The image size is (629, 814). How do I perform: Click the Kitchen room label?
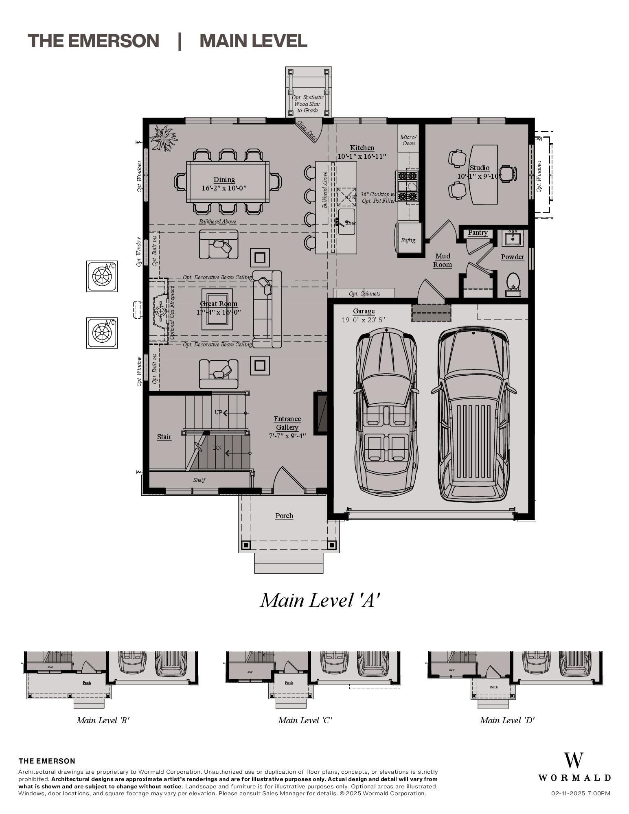(x=362, y=148)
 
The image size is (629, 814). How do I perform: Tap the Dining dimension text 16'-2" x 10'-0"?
(x=224, y=188)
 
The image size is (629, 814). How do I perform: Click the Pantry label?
(x=478, y=232)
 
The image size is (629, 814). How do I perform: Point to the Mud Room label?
(x=442, y=260)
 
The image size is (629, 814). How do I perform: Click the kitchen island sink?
(x=346, y=222)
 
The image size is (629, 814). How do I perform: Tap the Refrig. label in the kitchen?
(x=408, y=240)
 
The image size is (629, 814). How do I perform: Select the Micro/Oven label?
(x=408, y=140)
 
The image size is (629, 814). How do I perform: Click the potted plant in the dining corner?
(x=163, y=138)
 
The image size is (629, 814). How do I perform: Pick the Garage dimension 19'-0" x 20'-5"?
(x=363, y=320)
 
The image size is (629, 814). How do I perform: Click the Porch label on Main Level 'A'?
(x=284, y=516)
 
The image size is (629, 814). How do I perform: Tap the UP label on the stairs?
(x=218, y=412)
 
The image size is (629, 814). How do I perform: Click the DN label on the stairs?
(x=217, y=448)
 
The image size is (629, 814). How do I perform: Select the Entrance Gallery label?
(x=287, y=423)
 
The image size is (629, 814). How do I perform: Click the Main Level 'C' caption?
(x=305, y=720)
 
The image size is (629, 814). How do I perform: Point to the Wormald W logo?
(x=573, y=760)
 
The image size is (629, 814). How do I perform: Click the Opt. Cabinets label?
(x=364, y=293)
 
